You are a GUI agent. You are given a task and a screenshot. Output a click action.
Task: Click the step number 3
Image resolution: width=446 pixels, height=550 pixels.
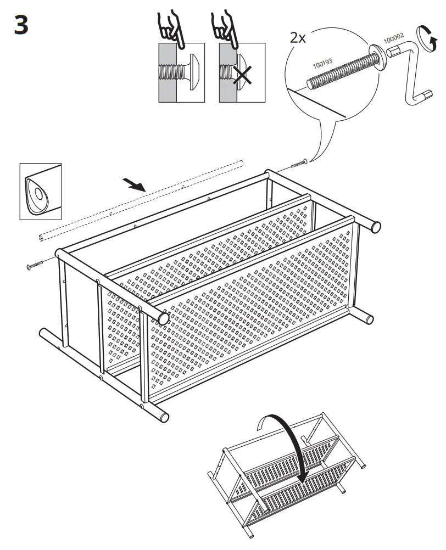click(21, 26)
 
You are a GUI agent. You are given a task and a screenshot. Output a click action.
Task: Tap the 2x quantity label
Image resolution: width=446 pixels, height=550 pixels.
click(298, 38)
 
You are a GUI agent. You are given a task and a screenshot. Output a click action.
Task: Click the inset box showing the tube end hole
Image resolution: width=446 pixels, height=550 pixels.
click(40, 192)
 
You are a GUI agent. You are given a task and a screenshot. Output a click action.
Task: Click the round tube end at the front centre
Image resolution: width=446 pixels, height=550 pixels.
click(162, 317)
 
